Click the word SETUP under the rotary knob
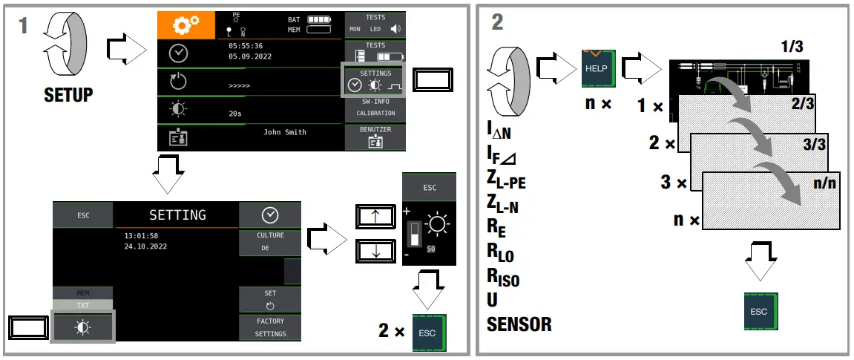(68, 95)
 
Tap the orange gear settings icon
(182, 25)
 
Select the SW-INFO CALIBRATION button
(375, 108)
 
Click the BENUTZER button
(375, 137)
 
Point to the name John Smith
(284, 132)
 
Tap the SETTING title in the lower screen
(177, 215)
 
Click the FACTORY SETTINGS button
(270, 327)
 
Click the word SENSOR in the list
(519, 324)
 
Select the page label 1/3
(792, 47)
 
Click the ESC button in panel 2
(759, 312)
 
